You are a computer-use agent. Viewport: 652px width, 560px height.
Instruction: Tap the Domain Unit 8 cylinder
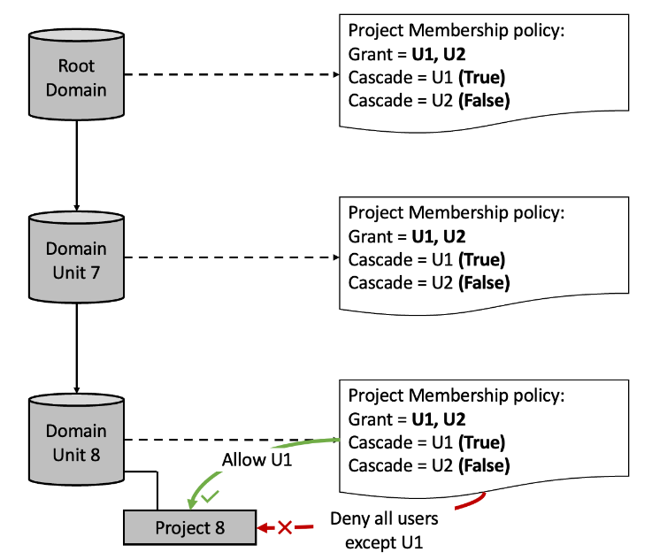[76, 442]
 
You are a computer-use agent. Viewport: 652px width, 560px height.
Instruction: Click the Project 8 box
[190, 528]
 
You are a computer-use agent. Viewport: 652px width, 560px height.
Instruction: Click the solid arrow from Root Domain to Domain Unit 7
[77, 164]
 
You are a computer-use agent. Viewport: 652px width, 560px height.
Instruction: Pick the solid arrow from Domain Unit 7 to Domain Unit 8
[77, 347]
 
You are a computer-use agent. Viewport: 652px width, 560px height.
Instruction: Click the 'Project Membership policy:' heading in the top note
[456, 31]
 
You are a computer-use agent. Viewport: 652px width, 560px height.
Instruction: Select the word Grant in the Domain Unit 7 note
[370, 236]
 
